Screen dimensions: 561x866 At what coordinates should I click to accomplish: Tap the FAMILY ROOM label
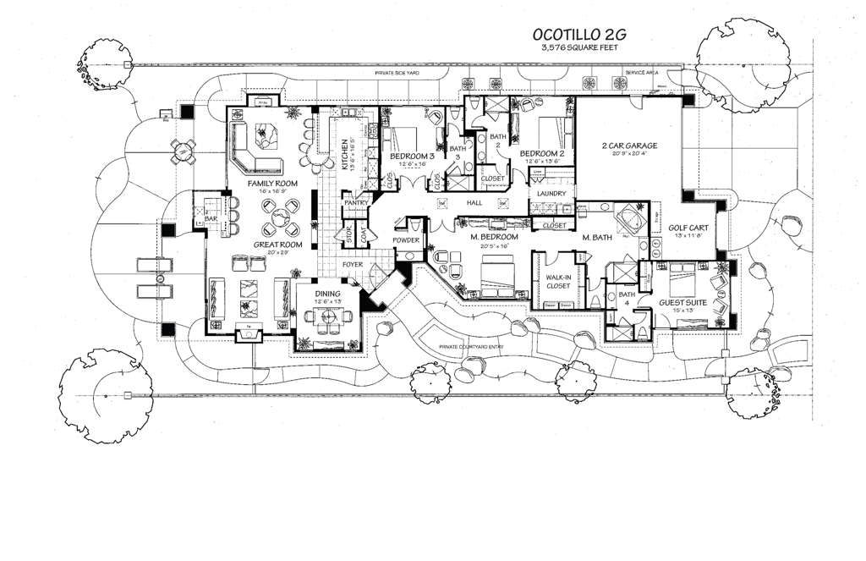click(272, 183)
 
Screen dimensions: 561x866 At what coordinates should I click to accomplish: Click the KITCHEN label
click(344, 155)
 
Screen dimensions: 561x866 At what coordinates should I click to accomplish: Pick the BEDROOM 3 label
click(413, 157)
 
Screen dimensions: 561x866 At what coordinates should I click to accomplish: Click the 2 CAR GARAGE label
click(629, 146)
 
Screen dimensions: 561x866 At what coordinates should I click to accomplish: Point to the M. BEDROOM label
click(496, 237)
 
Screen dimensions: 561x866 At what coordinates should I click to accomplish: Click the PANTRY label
click(354, 203)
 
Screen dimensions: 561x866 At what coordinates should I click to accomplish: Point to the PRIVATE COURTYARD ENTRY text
click(480, 348)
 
